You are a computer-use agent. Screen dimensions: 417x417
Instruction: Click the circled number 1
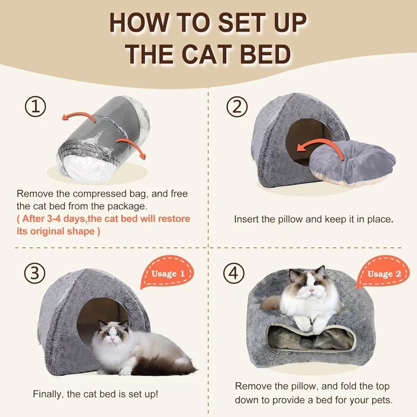click(35, 107)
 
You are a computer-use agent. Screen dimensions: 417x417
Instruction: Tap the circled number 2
click(237, 107)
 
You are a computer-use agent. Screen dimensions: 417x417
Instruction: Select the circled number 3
click(35, 273)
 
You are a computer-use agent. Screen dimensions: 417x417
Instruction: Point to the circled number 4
click(234, 273)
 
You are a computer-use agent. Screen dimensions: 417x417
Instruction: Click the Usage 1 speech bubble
click(167, 273)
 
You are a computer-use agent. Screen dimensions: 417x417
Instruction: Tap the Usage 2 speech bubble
click(382, 273)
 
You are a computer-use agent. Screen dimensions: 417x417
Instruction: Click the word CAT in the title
click(206, 55)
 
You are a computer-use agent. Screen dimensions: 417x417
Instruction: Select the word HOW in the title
click(139, 23)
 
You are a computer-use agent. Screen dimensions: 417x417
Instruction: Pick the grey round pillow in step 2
click(353, 164)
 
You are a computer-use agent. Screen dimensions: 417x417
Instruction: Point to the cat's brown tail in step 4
click(270, 303)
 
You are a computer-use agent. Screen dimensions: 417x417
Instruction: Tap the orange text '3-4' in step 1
click(54, 219)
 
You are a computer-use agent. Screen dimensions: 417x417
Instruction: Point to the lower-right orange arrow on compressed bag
click(132, 146)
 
